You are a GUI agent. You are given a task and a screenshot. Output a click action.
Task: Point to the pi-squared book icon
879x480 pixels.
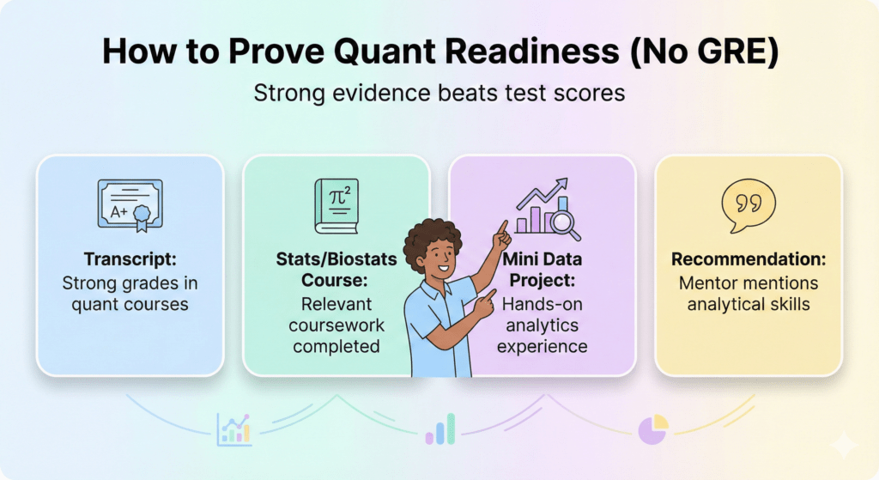(x=336, y=206)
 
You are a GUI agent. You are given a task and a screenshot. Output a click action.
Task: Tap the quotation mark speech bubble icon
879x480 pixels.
(x=748, y=206)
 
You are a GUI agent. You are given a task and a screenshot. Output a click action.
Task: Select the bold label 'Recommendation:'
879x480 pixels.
(x=749, y=259)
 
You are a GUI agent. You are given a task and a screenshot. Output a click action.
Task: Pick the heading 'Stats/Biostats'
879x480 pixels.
(x=336, y=258)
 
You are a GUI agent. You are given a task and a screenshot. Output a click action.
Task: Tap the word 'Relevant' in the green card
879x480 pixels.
(x=336, y=303)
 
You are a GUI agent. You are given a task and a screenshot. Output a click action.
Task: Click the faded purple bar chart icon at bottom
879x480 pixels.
(x=440, y=428)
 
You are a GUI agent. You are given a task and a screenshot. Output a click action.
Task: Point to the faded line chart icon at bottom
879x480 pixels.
(x=233, y=427)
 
